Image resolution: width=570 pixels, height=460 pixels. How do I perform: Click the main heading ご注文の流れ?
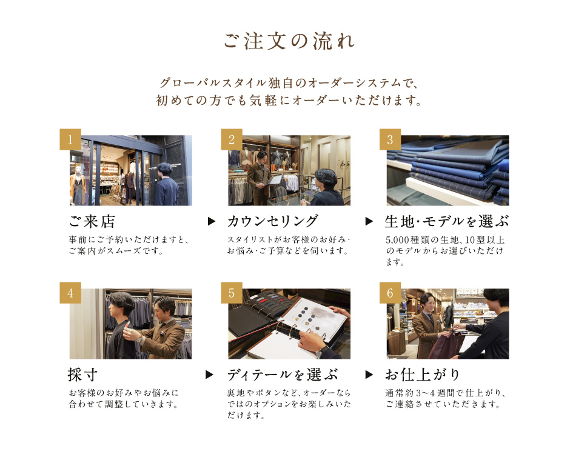(x=289, y=41)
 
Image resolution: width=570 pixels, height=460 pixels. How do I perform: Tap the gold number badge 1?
(x=70, y=139)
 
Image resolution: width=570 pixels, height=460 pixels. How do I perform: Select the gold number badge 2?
(x=232, y=139)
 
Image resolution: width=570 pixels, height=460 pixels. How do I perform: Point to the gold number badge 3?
(x=390, y=139)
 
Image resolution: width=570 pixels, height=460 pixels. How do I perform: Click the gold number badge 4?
(x=70, y=293)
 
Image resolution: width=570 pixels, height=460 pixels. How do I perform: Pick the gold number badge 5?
(x=232, y=293)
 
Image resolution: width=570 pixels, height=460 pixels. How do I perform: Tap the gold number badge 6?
(x=390, y=293)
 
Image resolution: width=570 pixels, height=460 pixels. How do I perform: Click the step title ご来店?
(x=92, y=221)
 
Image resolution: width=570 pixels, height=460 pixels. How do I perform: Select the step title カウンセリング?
(x=273, y=221)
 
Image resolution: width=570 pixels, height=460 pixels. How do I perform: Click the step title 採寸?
(x=83, y=375)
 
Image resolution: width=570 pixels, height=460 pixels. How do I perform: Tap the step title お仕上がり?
(x=423, y=375)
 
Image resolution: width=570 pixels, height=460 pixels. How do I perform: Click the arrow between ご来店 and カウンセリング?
(x=211, y=221)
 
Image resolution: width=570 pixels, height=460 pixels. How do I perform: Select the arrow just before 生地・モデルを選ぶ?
(x=369, y=221)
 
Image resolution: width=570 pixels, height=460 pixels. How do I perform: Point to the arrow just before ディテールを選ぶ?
(x=209, y=375)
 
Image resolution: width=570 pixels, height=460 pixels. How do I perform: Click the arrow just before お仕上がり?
(x=369, y=375)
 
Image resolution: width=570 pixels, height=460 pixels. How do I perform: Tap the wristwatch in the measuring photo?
(x=139, y=338)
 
